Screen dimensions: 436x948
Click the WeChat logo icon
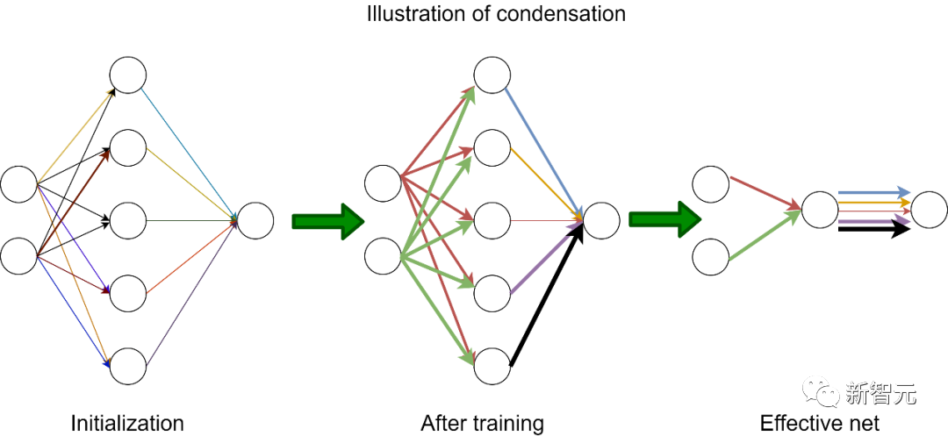pos(821,391)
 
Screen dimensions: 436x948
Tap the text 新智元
pos(880,394)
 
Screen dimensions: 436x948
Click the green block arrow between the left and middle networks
pos(327,221)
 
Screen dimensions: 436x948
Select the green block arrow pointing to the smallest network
pos(664,219)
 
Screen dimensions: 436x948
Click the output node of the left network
pos(255,220)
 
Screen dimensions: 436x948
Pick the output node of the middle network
pos(601,220)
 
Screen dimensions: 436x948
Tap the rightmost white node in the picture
pos(929,211)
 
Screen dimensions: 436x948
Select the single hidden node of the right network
pos(820,211)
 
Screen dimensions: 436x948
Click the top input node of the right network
pos(711,184)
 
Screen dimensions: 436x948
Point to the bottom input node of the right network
pos(711,257)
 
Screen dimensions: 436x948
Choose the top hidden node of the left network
pos(128,75)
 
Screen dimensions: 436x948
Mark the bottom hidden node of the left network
pos(128,366)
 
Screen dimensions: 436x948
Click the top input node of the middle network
pos(383,183)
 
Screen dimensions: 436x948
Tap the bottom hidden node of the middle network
pos(492,366)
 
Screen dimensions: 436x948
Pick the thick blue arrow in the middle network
pos(544,146)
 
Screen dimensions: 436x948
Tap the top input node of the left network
pos(18,184)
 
